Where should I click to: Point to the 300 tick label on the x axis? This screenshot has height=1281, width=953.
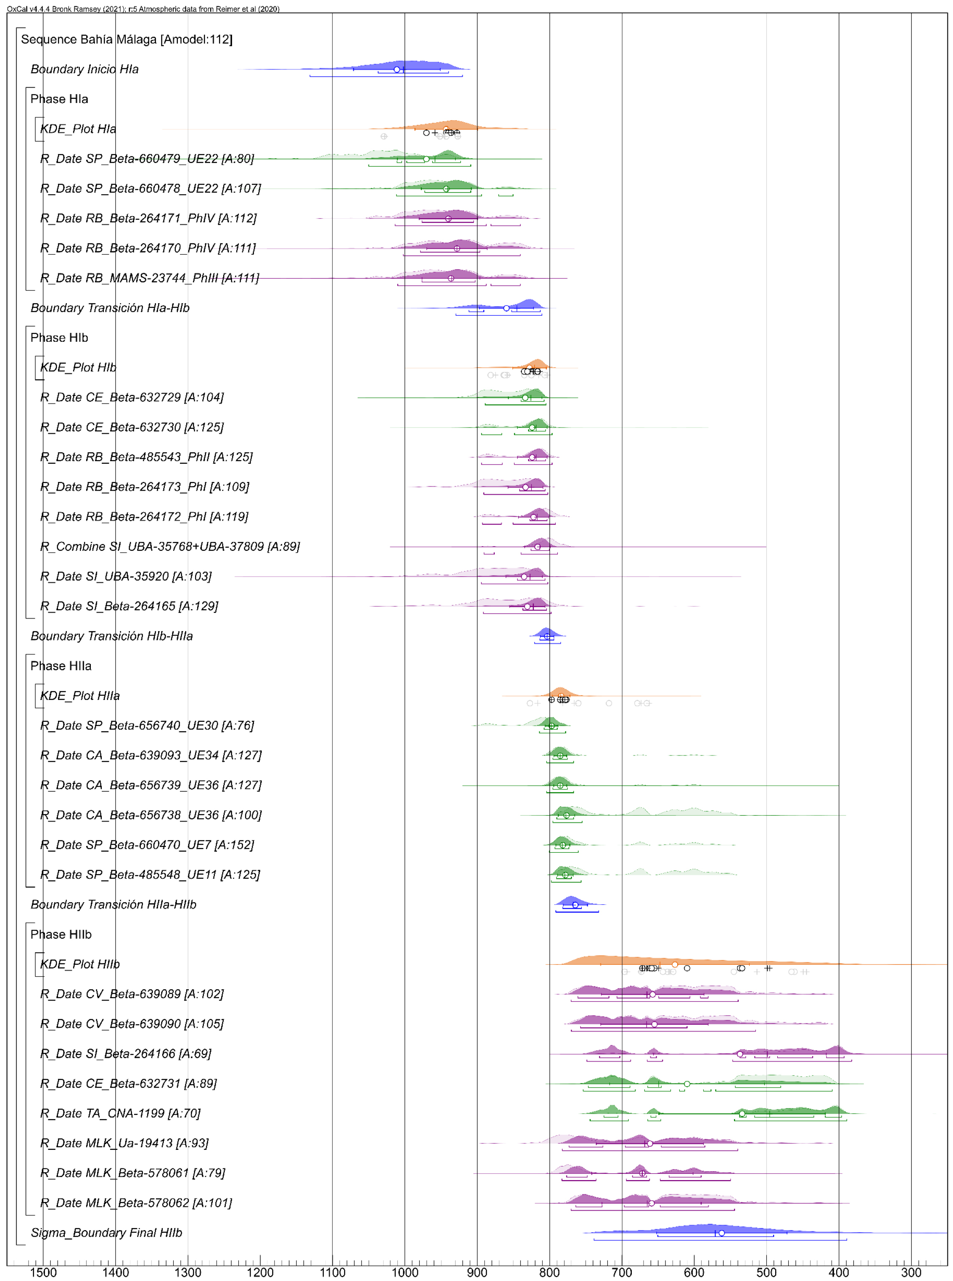pyautogui.click(x=911, y=1272)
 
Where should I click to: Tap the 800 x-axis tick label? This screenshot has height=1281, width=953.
pyautogui.click(x=549, y=1272)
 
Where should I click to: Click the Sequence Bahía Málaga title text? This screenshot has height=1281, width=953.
pyautogui.click(x=127, y=39)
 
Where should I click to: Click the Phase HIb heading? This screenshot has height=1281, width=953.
pyautogui.click(x=59, y=338)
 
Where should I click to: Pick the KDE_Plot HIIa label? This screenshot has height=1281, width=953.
pyautogui.click(x=79, y=696)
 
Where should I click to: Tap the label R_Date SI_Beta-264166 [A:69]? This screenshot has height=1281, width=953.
pyautogui.click(x=125, y=1054)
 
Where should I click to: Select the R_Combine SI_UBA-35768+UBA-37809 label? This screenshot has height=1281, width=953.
pyautogui.click(x=169, y=546)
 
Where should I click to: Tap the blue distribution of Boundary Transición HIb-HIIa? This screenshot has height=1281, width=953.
pyautogui.click(x=546, y=633)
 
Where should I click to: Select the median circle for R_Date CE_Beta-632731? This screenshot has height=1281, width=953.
pyautogui.click(x=687, y=1084)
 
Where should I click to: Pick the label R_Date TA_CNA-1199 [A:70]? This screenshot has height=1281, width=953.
pyautogui.click(x=120, y=1113)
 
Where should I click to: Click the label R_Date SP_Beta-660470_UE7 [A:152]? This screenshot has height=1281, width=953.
pyautogui.click(x=147, y=845)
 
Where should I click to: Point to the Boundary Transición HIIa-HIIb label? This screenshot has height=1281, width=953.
pyautogui.click(x=113, y=904)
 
